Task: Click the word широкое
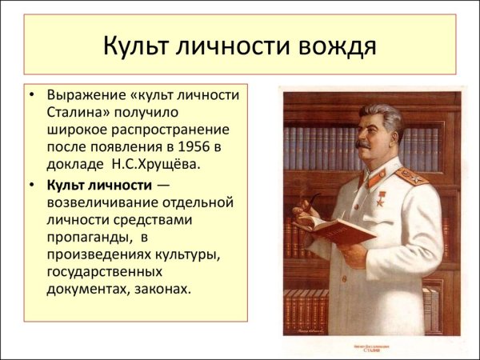(78, 130)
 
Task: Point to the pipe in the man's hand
(302, 210)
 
